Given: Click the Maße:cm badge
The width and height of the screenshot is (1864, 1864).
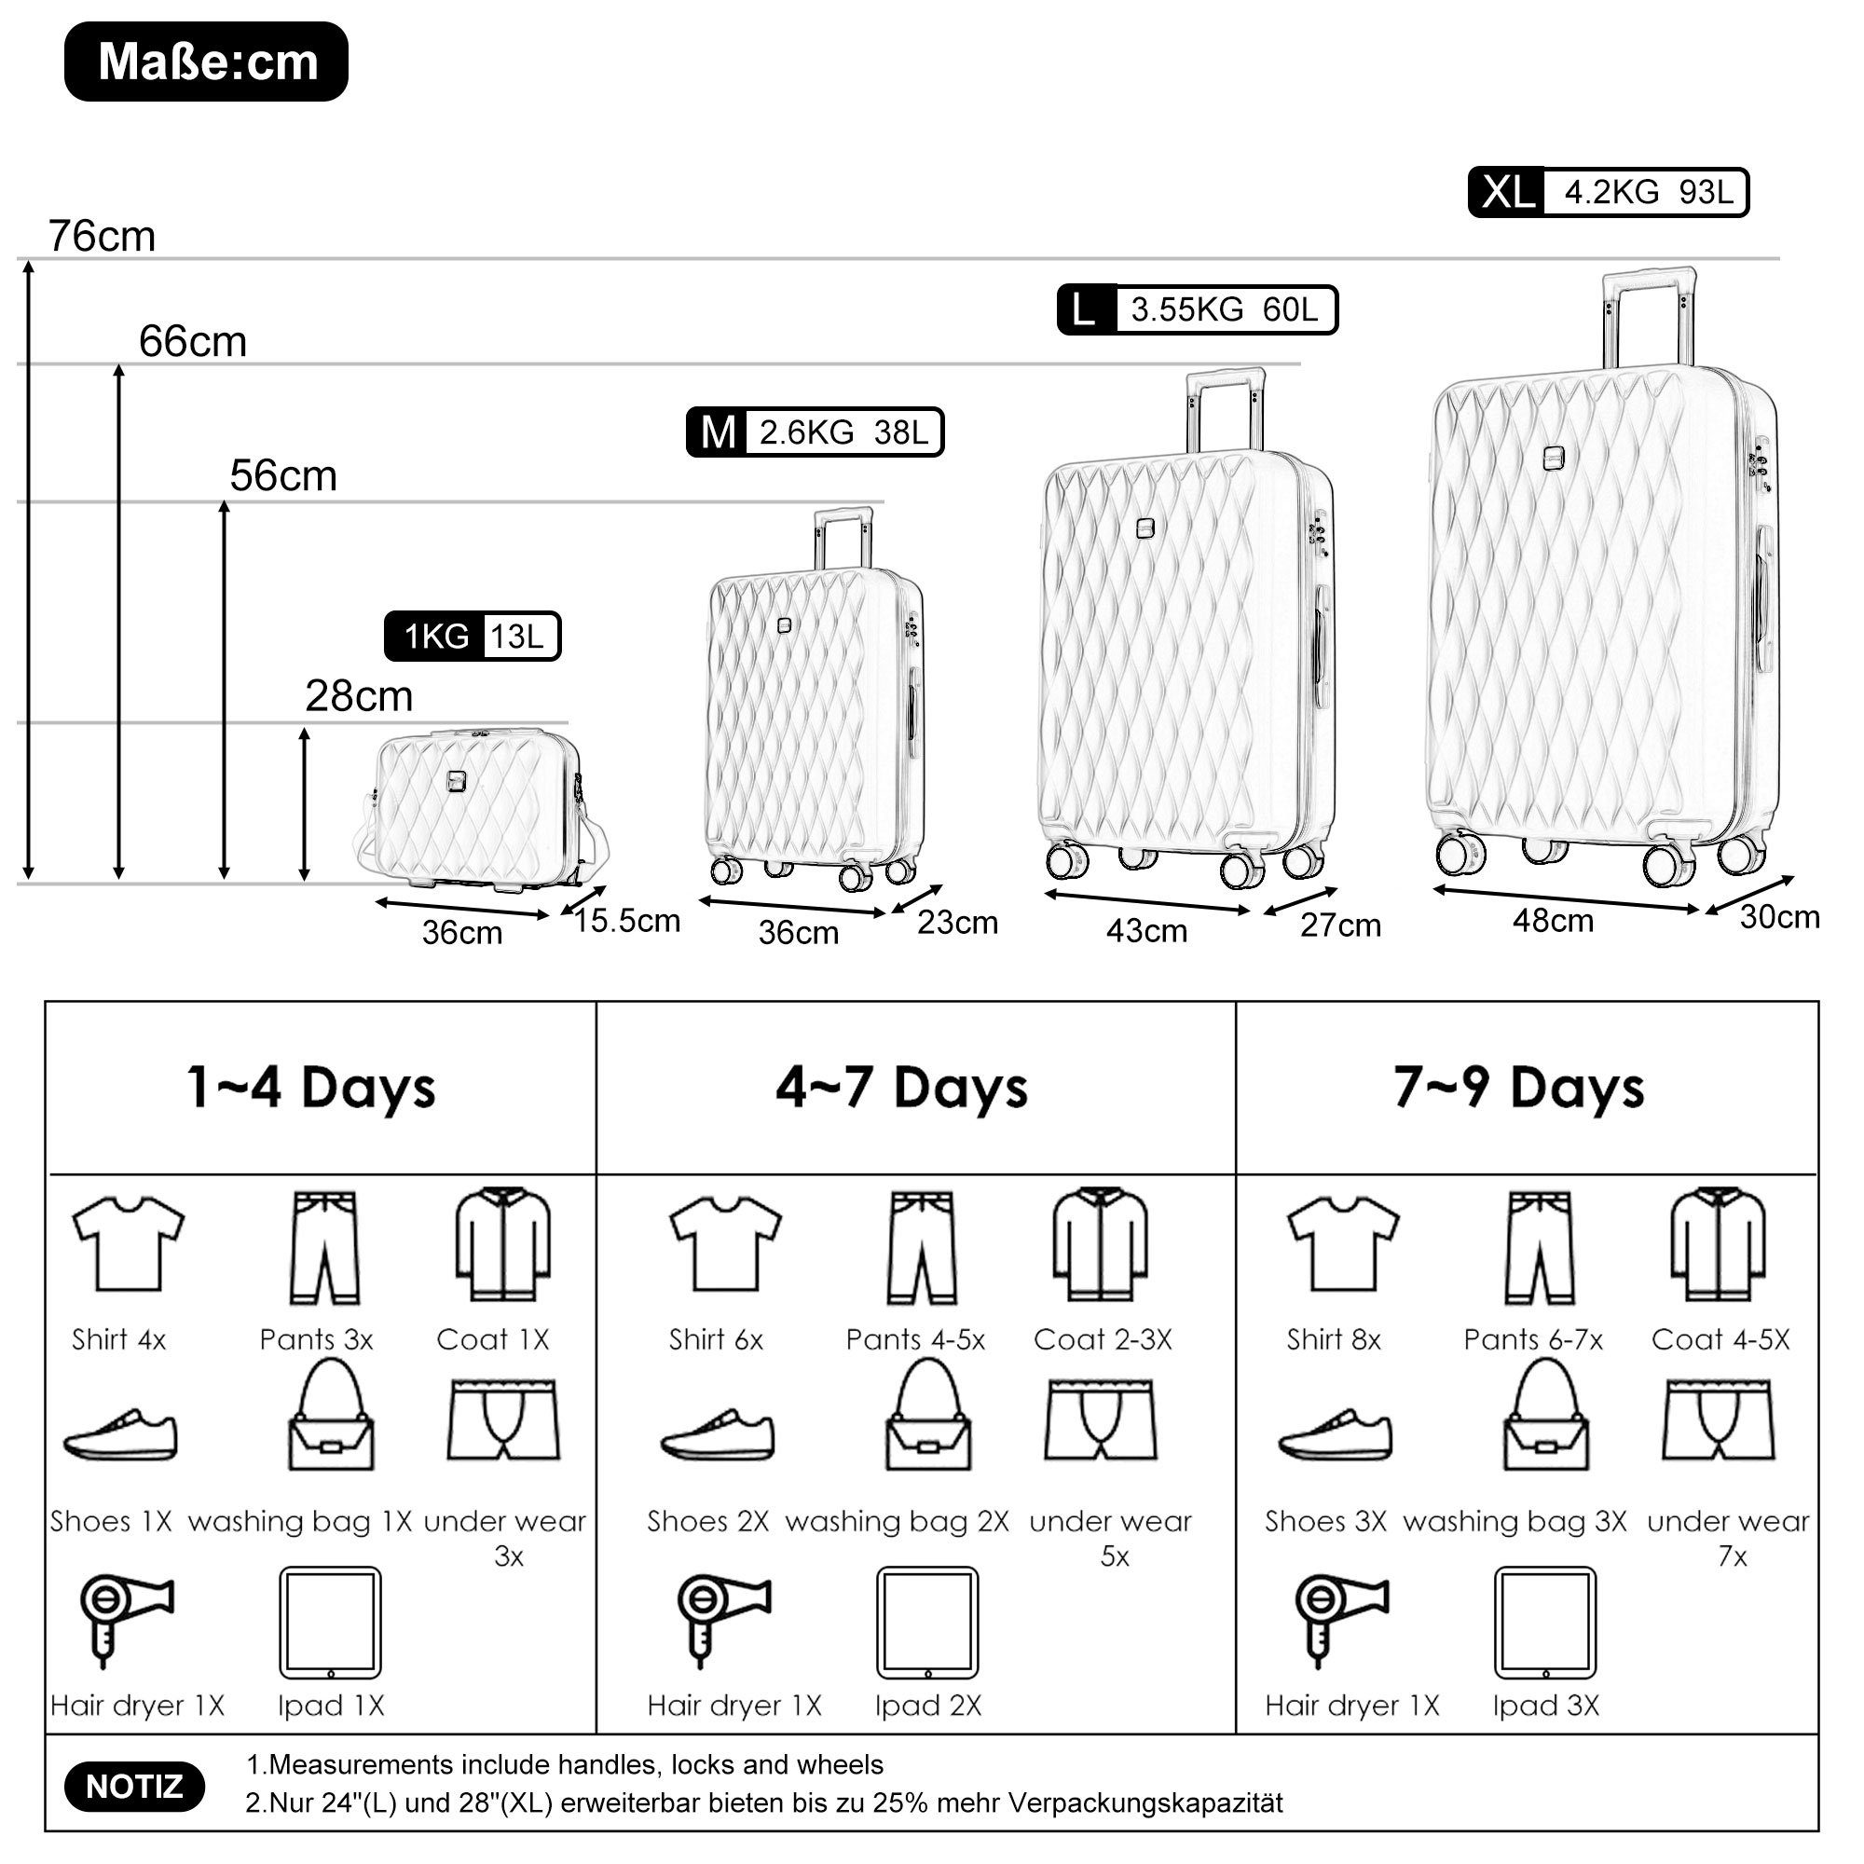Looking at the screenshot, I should [x=207, y=62].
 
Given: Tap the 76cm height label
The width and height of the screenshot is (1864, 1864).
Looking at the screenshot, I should [x=103, y=237].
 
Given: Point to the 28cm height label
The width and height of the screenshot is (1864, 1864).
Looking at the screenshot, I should [x=359, y=695].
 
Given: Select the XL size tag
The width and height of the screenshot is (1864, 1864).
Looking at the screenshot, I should [x=1506, y=193].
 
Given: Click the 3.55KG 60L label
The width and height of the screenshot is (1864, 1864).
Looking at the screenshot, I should [x=1224, y=309].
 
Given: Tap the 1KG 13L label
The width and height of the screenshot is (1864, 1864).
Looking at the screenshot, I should [x=473, y=637].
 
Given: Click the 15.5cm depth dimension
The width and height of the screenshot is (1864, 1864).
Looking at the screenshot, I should [x=627, y=921].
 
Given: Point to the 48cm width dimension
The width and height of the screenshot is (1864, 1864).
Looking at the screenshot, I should [x=1553, y=921].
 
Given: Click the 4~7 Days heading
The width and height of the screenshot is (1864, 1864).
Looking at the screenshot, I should [x=901, y=1088].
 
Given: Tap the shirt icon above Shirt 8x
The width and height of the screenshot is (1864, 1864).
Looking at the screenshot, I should [x=1343, y=1244].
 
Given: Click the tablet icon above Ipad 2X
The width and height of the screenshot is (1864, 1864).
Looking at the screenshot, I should [x=927, y=1623].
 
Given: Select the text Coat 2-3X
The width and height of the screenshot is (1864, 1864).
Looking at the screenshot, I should [x=1103, y=1339].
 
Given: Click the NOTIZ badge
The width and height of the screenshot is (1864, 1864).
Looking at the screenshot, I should [x=134, y=1787].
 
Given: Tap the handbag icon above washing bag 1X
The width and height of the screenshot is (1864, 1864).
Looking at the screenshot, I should [x=331, y=1417].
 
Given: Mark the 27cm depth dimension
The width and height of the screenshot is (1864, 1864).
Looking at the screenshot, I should [x=1340, y=925].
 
